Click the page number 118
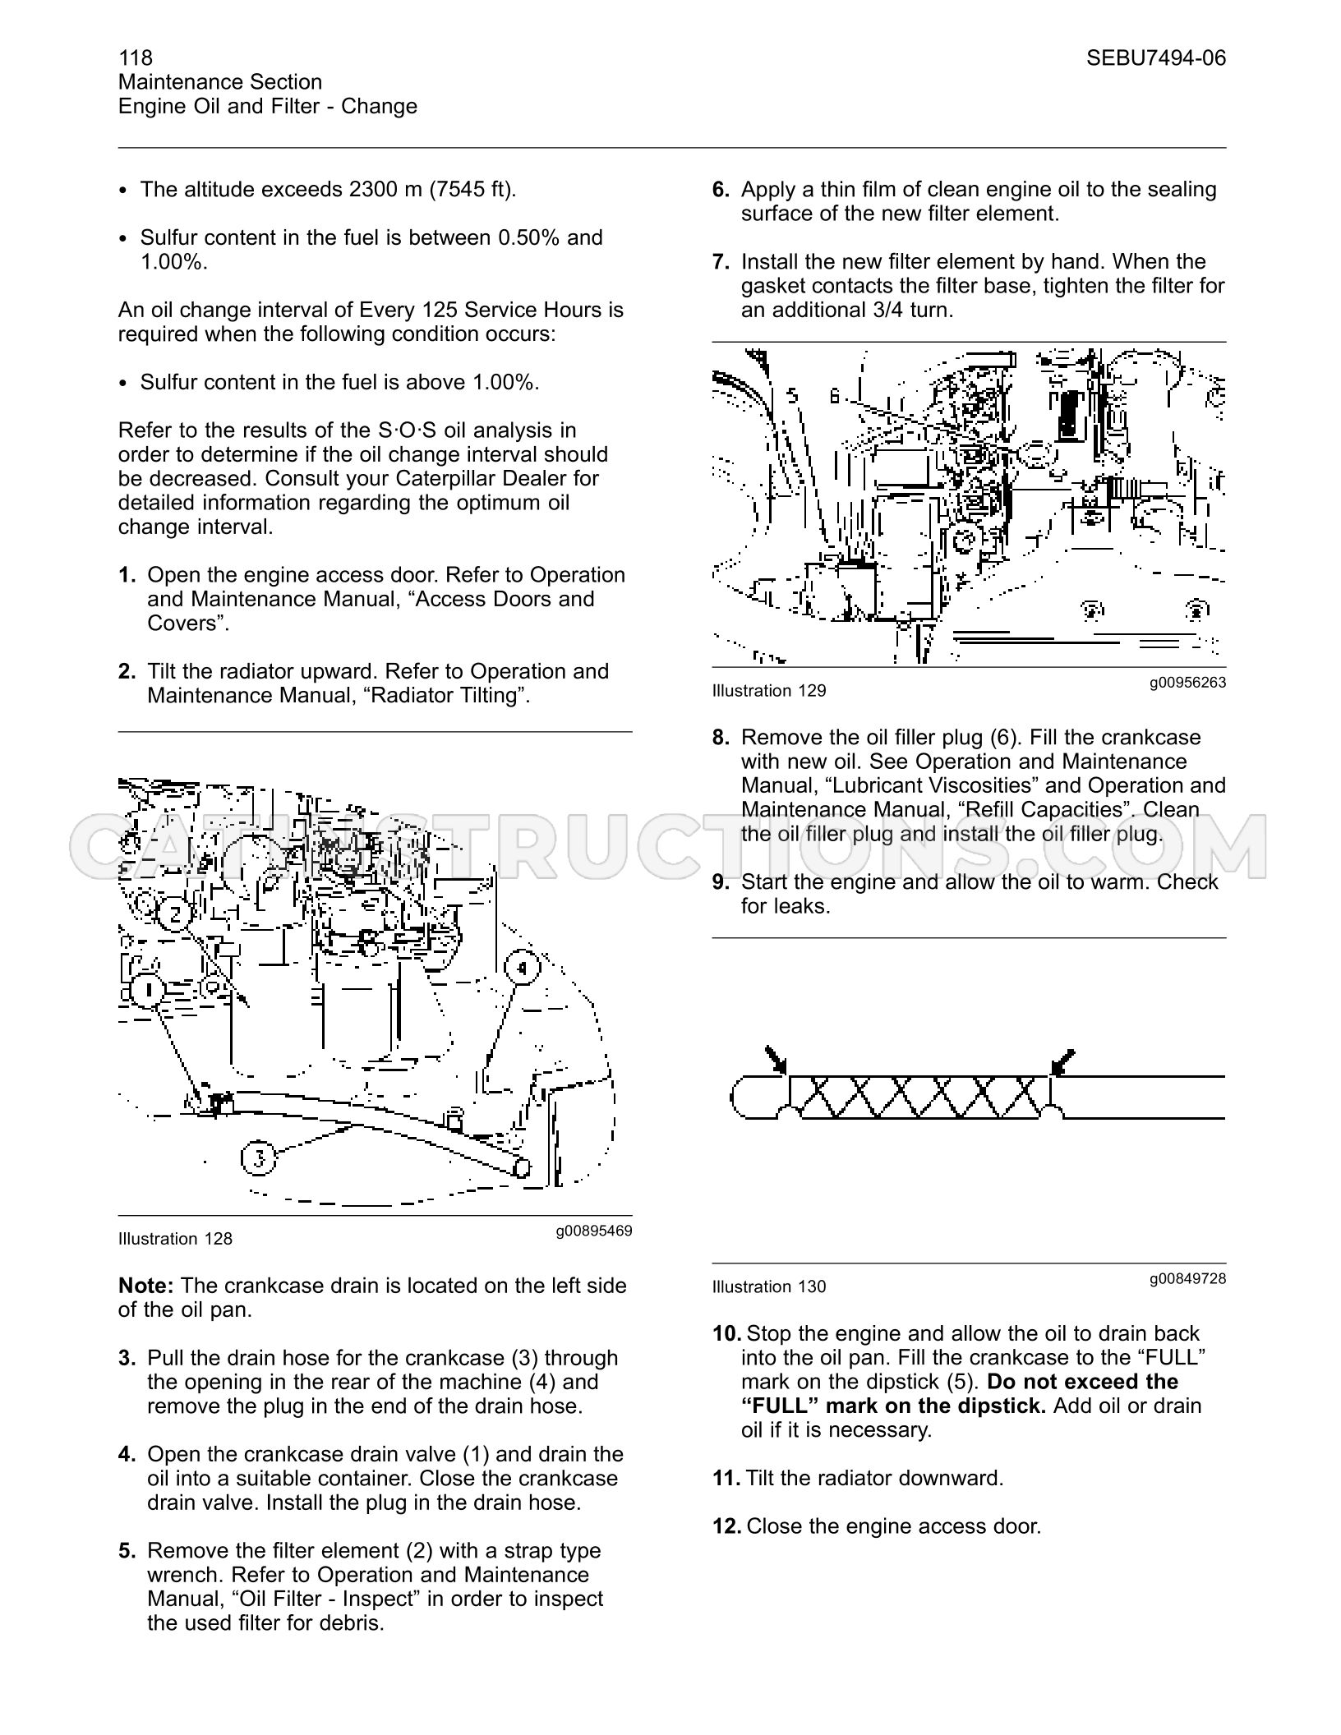tap(136, 58)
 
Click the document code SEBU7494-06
tap(1156, 58)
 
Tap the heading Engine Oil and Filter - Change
tap(268, 106)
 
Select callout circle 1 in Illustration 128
tap(148, 991)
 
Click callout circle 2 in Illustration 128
tap(174, 914)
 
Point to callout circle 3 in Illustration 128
tap(259, 1158)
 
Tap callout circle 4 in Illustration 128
tap(522, 969)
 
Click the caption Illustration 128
tap(175, 1239)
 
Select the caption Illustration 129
tap(769, 691)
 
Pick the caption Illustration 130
tap(769, 1287)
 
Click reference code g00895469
tap(594, 1231)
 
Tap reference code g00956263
tap(1188, 682)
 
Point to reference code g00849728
tap(1188, 1278)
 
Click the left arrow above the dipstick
tap(776, 1060)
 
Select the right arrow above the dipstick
tap(1062, 1062)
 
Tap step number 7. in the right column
tap(721, 262)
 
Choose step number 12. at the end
tap(727, 1526)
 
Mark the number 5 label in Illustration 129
tap(792, 396)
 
